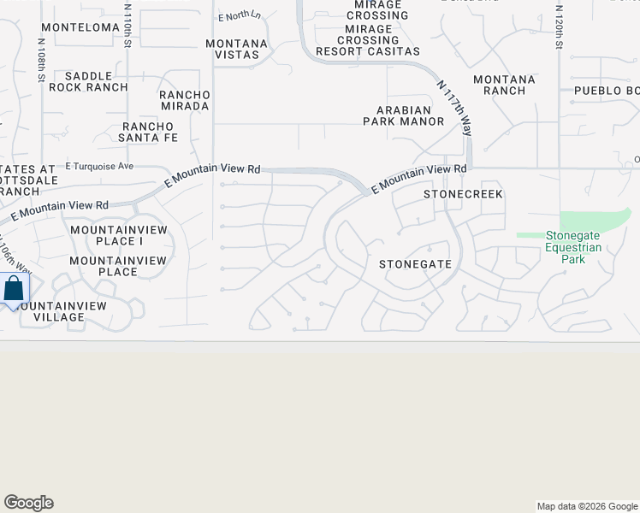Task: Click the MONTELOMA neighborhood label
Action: click(80, 27)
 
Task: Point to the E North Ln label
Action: click(240, 16)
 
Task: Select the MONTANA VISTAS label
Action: click(237, 49)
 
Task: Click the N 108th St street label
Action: click(41, 60)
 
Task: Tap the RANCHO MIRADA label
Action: click(185, 100)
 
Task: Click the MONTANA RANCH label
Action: click(505, 85)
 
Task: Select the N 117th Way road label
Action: click(455, 107)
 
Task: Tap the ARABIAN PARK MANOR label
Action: click(411, 115)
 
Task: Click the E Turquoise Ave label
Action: click(100, 166)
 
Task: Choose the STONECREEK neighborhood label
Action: click(464, 195)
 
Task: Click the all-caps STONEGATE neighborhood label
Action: click(415, 264)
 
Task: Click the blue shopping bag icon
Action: click(14, 288)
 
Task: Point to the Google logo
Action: click(28, 503)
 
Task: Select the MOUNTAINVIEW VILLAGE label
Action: click(59, 311)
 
